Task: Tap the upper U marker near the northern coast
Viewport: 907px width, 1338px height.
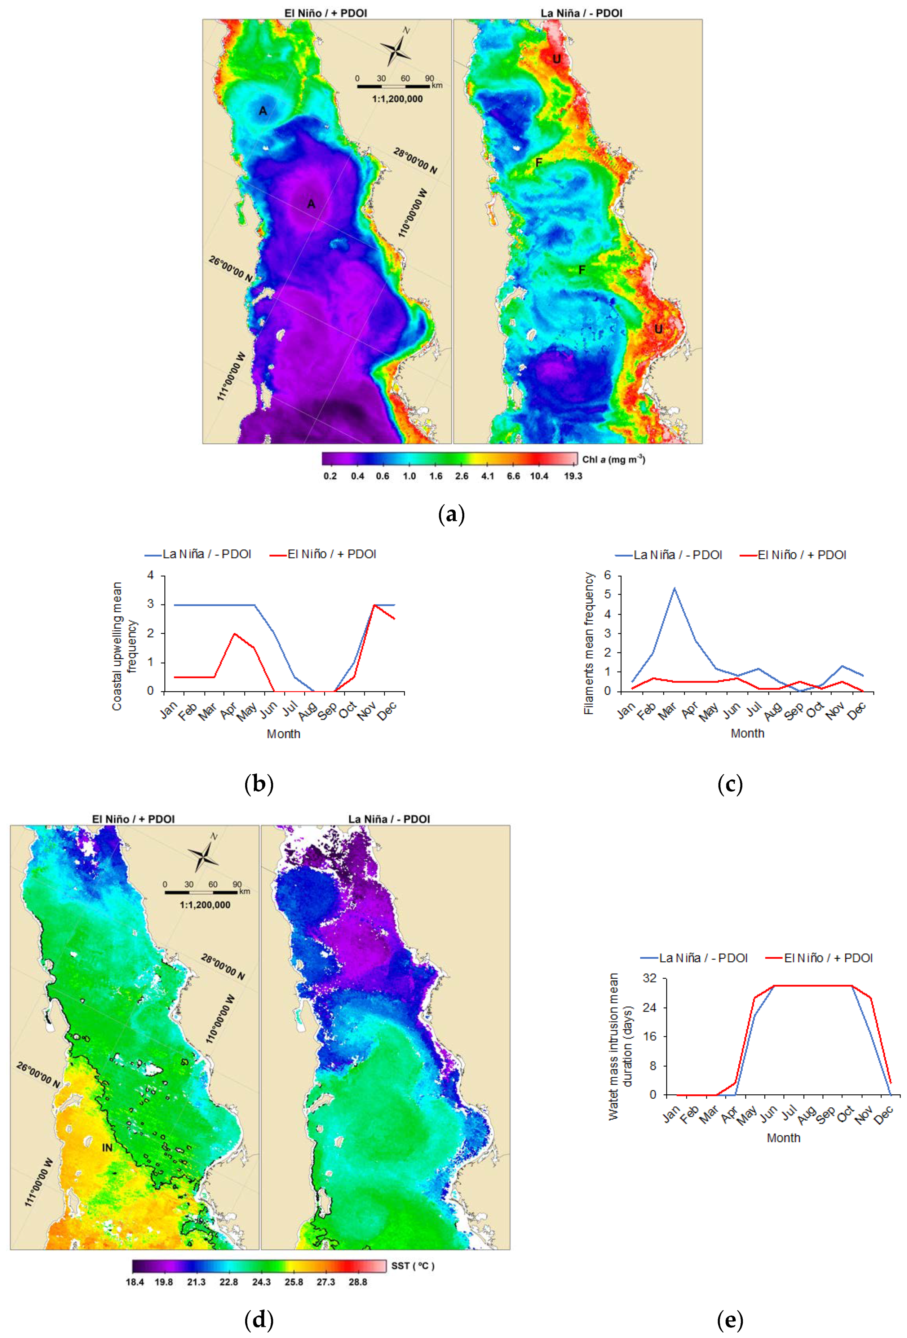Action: (x=556, y=59)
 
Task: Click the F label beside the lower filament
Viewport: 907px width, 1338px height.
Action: (x=581, y=270)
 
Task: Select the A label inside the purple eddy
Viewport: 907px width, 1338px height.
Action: (x=311, y=204)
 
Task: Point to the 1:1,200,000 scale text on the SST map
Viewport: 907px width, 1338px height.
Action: (x=205, y=904)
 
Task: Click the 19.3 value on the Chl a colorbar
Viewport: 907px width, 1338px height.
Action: (x=572, y=476)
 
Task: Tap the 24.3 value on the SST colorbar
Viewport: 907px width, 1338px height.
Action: (x=261, y=1282)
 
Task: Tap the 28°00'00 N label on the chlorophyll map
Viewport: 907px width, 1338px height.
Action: (x=415, y=161)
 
